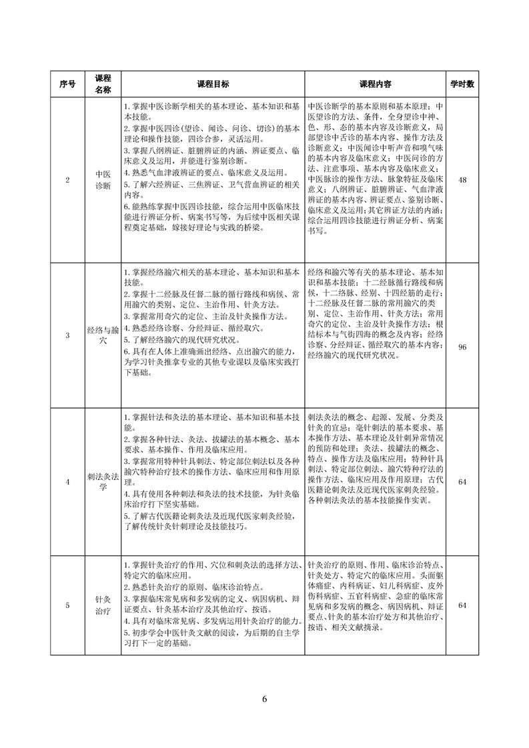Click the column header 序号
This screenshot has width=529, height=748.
click(67, 85)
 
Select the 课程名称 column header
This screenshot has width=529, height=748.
click(103, 85)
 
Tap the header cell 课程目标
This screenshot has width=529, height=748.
click(213, 85)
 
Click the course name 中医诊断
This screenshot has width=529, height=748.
click(103, 181)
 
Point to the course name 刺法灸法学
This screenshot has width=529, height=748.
click(103, 479)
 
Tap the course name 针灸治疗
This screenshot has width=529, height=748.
click(103, 605)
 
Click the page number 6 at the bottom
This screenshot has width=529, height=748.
click(265, 699)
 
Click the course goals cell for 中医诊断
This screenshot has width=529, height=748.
click(213, 167)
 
